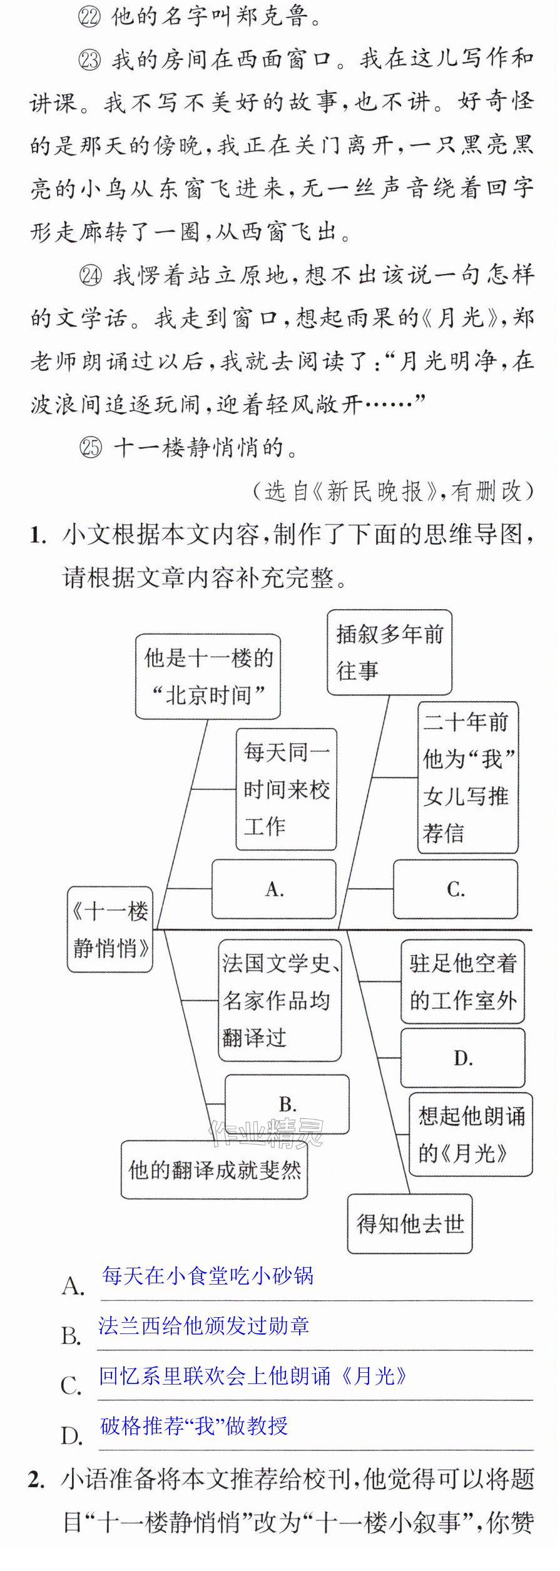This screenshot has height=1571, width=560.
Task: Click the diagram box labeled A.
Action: (x=274, y=889)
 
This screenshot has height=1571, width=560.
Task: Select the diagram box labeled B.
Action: (x=287, y=1104)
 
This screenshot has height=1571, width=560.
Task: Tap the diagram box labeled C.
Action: (x=456, y=889)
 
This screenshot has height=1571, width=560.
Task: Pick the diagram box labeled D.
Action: (x=462, y=1058)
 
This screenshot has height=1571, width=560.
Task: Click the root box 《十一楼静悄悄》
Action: (x=110, y=929)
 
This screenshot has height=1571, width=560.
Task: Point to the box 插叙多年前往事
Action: (x=389, y=652)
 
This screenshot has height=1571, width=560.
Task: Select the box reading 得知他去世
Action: (x=410, y=1223)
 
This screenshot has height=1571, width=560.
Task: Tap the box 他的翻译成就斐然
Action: (x=215, y=1169)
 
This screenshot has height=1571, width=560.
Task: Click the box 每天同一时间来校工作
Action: (x=286, y=789)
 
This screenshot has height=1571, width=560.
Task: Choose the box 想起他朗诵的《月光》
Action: (x=471, y=1134)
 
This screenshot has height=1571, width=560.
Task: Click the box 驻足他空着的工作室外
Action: (x=462, y=981)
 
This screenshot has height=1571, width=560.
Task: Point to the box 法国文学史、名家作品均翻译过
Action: (x=280, y=1000)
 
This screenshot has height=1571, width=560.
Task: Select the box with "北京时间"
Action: (x=208, y=677)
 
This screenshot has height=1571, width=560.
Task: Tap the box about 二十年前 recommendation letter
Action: (x=468, y=777)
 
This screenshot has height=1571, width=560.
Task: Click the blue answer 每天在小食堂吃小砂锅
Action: (x=208, y=1275)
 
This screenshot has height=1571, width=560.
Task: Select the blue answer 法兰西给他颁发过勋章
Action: (x=204, y=1325)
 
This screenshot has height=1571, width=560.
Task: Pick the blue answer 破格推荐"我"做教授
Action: (x=194, y=1425)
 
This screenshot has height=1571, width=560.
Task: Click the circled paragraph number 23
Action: (x=90, y=60)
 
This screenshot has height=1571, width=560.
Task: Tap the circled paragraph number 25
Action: (x=91, y=448)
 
